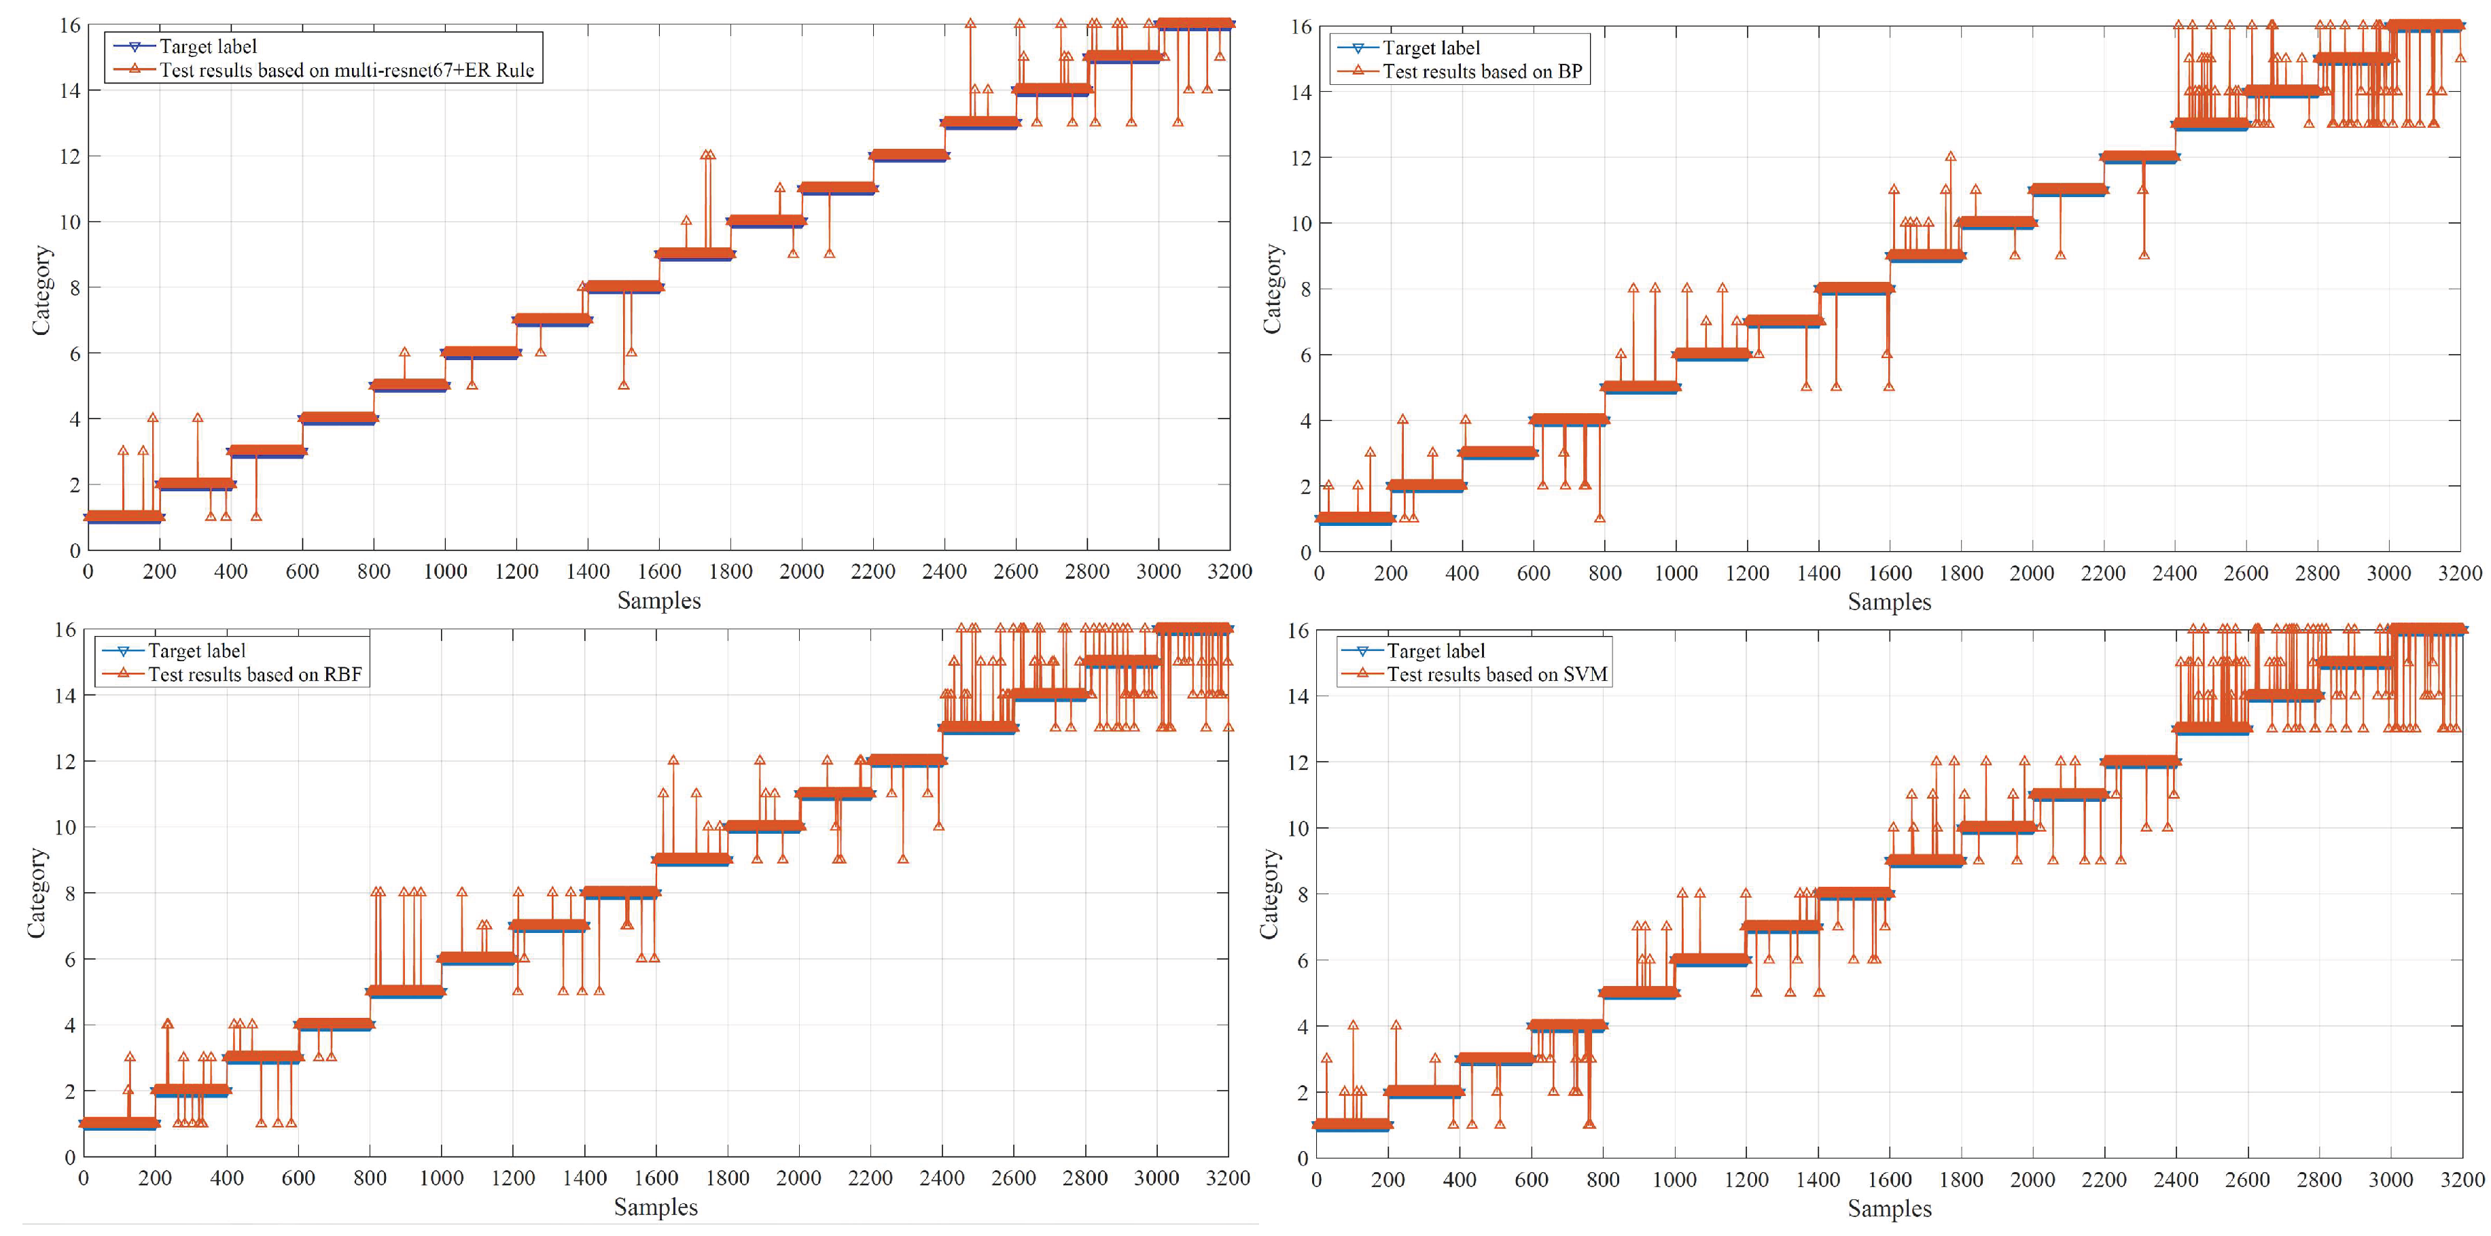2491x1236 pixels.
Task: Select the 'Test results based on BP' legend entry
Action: coord(1481,71)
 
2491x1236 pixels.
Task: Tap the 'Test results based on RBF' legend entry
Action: coord(254,675)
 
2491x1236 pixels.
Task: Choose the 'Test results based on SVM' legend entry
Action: coord(1496,675)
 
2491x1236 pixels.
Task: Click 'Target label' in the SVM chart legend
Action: coord(1435,651)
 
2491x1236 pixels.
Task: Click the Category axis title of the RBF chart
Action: coord(37,893)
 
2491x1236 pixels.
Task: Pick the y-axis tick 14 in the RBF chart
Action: coord(64,695)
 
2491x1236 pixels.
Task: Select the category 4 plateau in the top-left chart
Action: coord(338,418)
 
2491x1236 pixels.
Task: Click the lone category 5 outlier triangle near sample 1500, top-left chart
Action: coord(624,385)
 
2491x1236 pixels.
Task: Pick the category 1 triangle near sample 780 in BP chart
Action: coord(1600,518)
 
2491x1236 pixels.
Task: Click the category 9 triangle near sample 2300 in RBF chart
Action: coord(902,859)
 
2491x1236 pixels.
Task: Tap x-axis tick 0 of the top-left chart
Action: coord(88,571)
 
